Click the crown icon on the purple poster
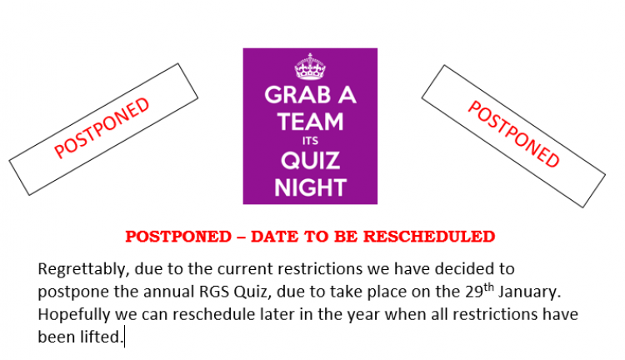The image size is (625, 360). [310, 67]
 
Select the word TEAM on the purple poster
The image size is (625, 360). [310, 122]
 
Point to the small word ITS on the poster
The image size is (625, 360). [310, 141]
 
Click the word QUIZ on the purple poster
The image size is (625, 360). [310, 161]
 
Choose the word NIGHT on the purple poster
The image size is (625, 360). [310, 187]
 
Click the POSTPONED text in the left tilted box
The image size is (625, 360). [102, 127]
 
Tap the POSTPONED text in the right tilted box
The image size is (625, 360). [514, 134]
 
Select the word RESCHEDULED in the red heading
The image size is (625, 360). [429, 237]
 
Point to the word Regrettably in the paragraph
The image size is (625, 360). [83, 269]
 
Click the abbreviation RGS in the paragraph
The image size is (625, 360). [214, 292]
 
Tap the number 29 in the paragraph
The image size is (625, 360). [474, 292]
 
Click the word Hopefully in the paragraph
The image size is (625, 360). [74, 315]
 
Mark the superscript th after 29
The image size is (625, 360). [488, 287]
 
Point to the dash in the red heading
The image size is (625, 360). [241, 237]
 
